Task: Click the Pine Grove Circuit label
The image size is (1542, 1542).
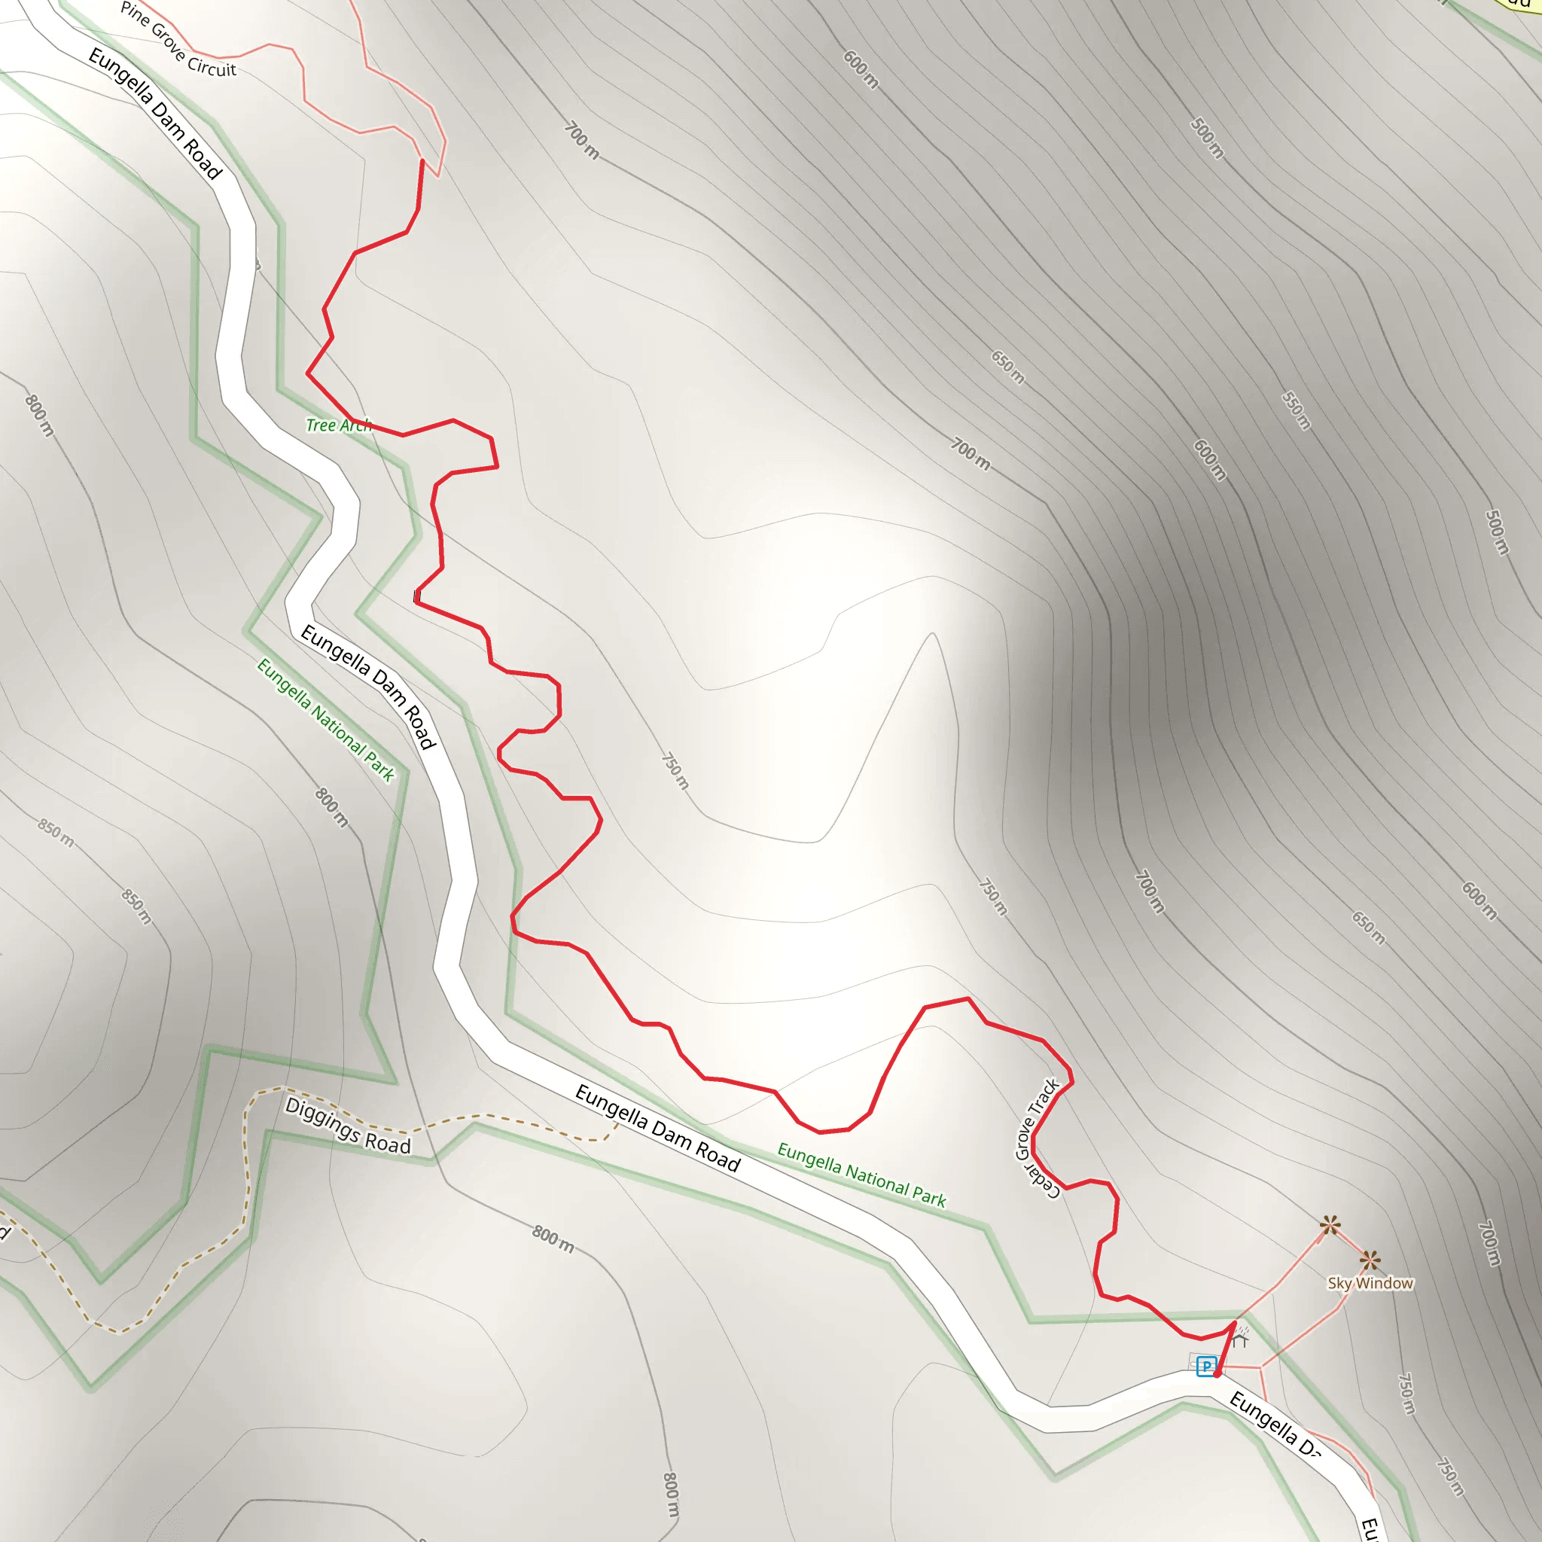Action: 178,39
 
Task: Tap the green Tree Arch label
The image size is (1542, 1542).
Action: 338,425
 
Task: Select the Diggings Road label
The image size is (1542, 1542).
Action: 347,1126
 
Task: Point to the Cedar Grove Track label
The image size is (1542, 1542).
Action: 1037,1138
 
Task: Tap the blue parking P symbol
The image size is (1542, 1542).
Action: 1206,1366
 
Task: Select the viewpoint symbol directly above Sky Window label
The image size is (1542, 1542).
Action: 1370,1261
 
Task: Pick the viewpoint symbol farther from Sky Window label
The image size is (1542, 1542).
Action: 1330,1225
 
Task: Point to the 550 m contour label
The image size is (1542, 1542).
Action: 1297,410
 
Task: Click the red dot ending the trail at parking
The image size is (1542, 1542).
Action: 1217,1374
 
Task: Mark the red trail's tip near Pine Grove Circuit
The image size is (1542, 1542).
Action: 422,160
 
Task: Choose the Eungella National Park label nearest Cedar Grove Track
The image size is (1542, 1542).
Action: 861,1174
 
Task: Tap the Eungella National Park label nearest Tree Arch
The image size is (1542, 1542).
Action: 325,718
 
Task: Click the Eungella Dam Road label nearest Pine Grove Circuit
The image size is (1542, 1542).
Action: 155,112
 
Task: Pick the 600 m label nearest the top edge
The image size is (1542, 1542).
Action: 861,69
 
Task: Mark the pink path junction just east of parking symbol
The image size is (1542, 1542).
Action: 1260,1368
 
